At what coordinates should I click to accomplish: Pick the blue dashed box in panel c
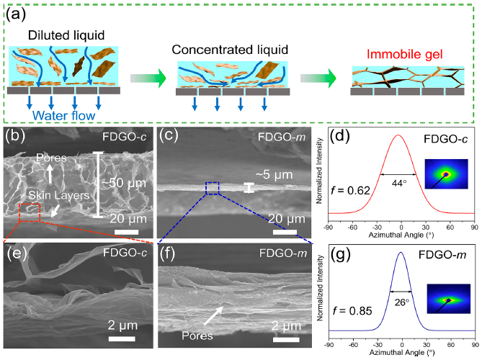coord(213,188)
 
